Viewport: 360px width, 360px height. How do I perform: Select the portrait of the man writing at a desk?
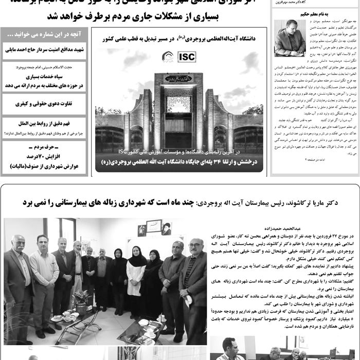pyautogui.click(x=291, y=38)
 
